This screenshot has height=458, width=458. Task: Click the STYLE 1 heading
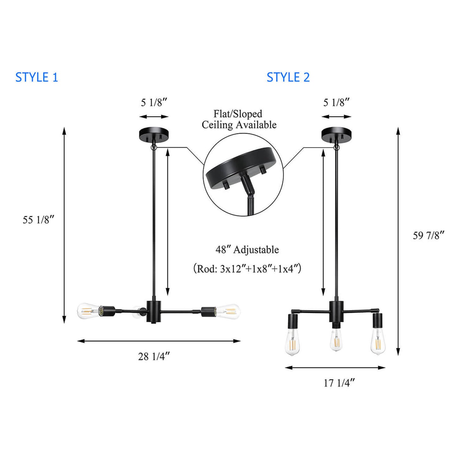point(36,77)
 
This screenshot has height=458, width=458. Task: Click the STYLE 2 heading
point(288,77)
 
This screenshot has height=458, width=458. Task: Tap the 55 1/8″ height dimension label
point(39,220)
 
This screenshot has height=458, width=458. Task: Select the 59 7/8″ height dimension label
point(429,235)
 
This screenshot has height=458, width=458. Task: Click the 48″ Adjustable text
point(247,250)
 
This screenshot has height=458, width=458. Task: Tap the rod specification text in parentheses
point(247,269)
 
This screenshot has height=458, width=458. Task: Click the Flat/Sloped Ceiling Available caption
point(239,119)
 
